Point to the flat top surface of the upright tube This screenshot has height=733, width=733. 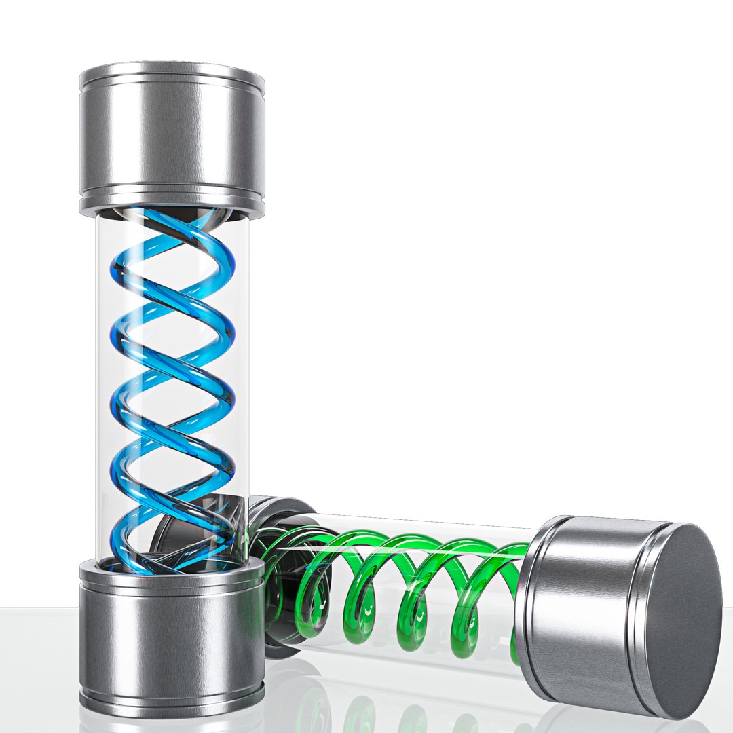172,71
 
